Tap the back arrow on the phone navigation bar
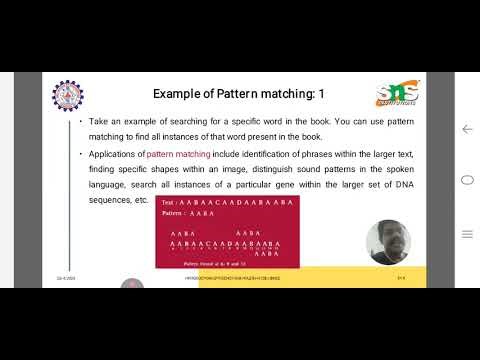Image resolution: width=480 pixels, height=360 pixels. coord(466,130)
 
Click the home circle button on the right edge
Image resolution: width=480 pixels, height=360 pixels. coord(466,181)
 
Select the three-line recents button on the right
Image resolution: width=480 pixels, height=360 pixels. coord(466,232)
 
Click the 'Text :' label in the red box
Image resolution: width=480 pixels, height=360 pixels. coord(170,203)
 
